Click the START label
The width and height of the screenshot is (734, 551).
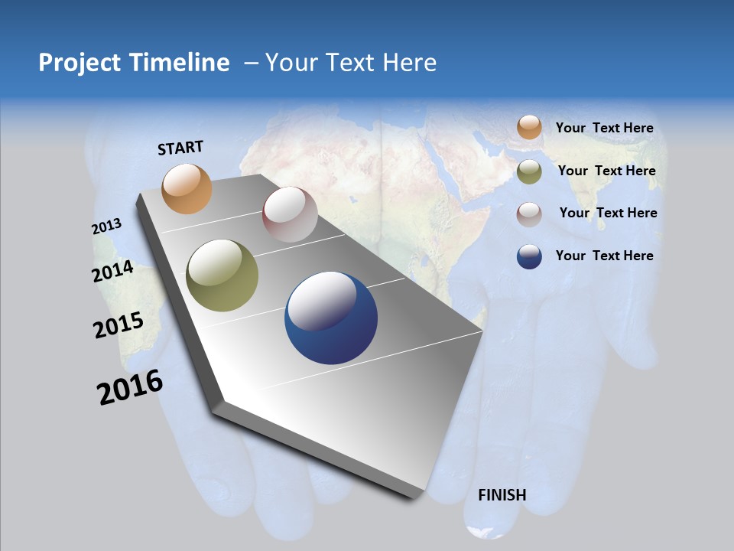[180, 148]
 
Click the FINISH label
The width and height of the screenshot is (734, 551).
[502, 495]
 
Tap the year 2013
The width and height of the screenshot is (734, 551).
[107, 227]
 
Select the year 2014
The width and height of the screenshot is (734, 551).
[113, 272]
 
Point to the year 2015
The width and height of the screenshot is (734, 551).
[119, 325]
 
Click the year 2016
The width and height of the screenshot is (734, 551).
[130, 387]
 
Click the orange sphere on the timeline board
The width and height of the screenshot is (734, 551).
[187, 188]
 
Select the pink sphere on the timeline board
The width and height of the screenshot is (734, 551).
[290, 214]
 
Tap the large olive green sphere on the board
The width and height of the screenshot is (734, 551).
[222, 275]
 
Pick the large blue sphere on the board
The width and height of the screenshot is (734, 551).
[331, 318]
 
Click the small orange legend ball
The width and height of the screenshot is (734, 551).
[529, 128]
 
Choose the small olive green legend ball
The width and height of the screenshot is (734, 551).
[529, 171]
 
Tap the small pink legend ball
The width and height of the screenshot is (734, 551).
[529, 214]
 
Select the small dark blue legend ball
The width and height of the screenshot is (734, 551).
[529, 256]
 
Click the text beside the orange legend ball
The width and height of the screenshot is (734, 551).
[604, 128]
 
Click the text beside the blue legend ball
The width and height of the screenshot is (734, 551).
[604, 256]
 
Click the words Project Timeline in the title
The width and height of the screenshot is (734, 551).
[134, 63]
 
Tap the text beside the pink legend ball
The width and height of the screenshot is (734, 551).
[608, 213]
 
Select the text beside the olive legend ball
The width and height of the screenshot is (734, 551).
[606, 171]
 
